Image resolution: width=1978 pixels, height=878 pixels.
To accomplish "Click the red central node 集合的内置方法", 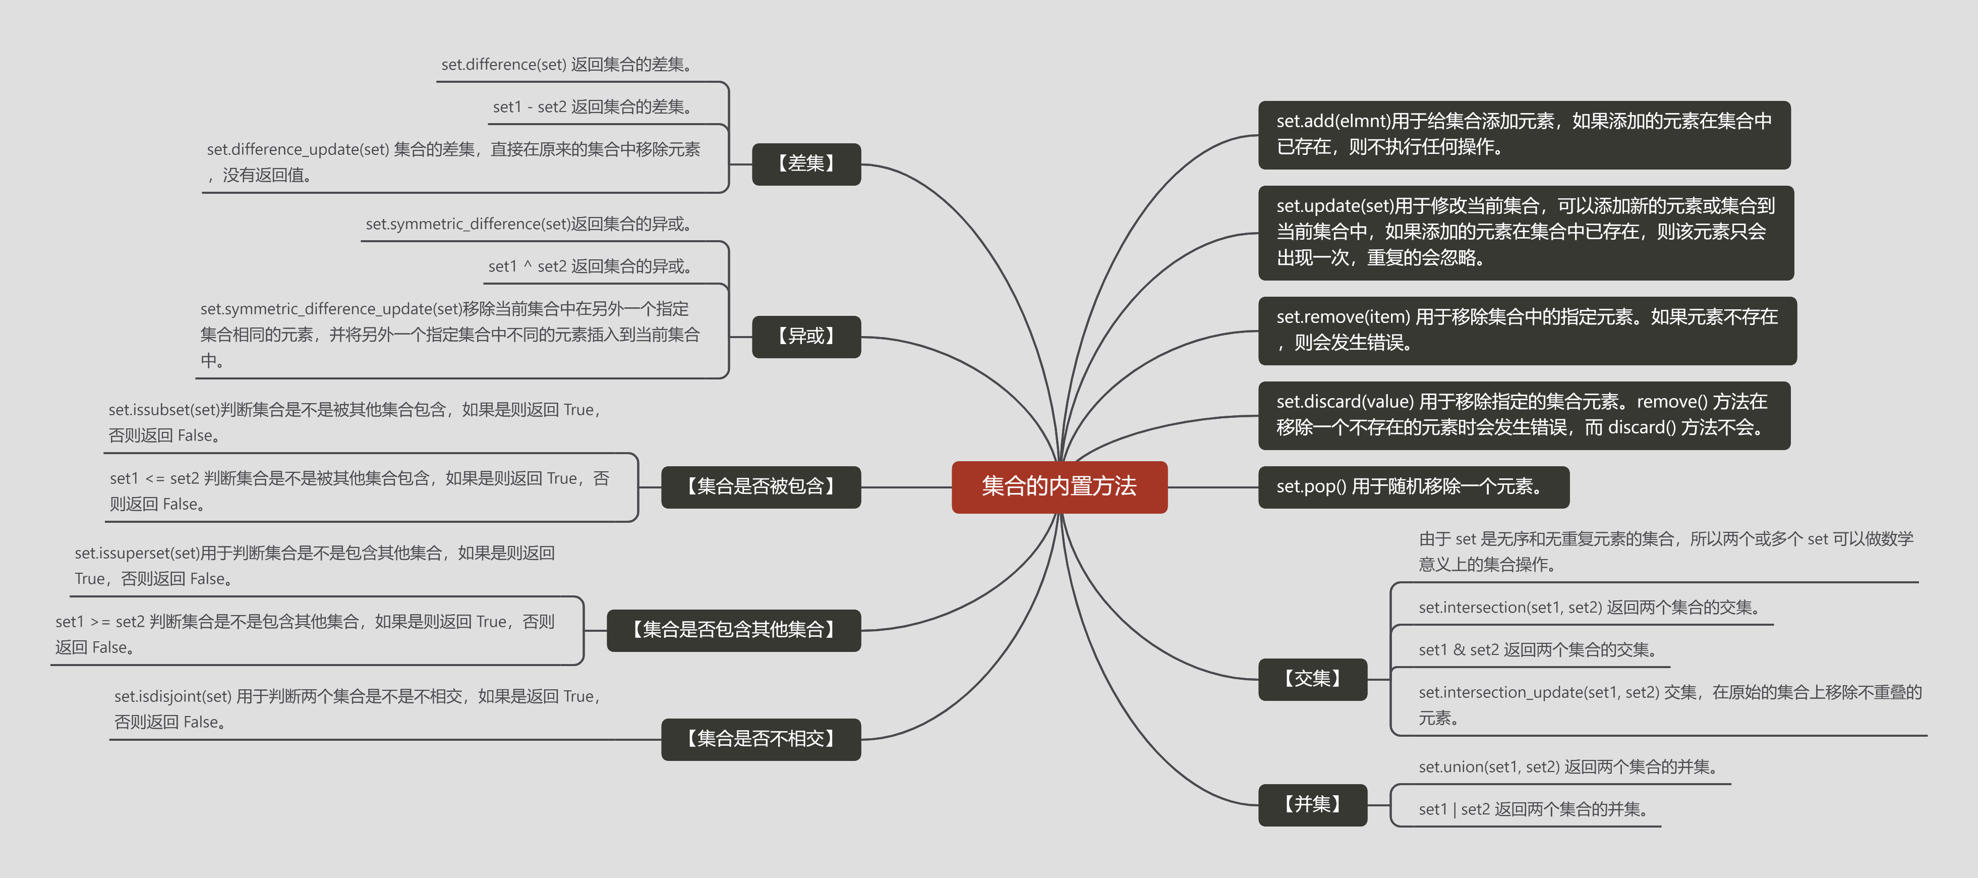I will click(1059, 486).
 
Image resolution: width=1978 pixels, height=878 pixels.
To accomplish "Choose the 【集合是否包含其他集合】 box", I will click(733, 630).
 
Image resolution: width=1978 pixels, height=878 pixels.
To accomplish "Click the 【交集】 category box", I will click(1312, 679).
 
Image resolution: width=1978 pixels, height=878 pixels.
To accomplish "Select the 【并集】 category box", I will click(1312, 804).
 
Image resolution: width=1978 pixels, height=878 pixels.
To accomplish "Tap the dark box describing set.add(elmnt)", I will click(1524, 134).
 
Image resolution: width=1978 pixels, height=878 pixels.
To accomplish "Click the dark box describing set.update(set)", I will click(1525, 232).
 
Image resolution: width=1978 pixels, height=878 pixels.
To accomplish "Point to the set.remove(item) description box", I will click(1527, 331).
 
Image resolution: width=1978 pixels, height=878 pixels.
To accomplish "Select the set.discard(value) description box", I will click(1524, 415).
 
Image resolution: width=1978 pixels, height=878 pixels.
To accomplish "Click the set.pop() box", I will click(1413, 487).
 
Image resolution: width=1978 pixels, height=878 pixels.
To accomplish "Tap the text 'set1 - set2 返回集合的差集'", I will click(593, 107).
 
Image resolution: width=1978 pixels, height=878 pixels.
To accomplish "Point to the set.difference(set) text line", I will click(567, 65).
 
